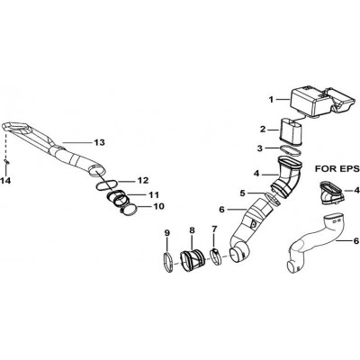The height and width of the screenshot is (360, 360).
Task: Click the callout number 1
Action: click(271, 99)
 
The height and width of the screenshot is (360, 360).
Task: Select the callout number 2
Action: click(263, 130)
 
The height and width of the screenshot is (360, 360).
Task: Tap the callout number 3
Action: click(260, 148)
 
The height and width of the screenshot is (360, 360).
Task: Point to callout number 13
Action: click(99, 142)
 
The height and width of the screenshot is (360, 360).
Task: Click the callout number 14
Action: click(5, 181)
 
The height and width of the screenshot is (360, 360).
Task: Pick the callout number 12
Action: click(143, 181)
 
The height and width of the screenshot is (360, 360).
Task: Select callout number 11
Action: click(153, 195)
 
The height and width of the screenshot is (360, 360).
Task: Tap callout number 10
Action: click(159, 207)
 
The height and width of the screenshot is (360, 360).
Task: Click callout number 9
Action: click(167, 233)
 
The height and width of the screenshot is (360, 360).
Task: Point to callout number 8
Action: click(192, 230)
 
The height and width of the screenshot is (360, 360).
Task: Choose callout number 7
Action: click(214, 229)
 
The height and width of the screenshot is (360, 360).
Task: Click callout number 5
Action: click(242, 193)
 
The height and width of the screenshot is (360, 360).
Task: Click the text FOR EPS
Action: click(337, 169)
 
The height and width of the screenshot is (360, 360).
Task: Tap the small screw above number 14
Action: click(6, 161)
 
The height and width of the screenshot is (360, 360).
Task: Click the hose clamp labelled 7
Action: click(217, 257)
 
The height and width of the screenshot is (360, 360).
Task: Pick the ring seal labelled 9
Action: click(168, 263)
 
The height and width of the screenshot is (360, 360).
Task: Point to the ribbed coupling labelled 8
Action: click(192, 260)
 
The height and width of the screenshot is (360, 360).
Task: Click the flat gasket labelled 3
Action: click(290, 150)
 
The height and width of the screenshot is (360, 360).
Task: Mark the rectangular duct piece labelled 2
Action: click(291, 132)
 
